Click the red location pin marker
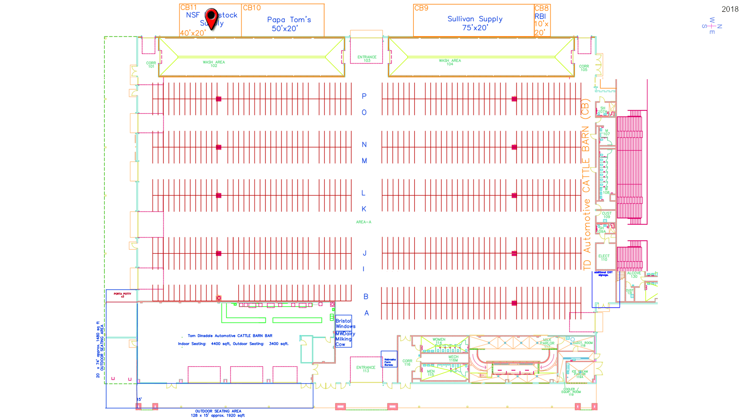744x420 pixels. tap(211, 18)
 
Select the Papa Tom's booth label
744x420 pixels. tap(289, 24)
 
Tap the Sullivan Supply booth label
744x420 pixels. tap(475, 23)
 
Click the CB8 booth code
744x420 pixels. tap(541, 8)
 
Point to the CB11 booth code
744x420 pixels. tap(188, 8)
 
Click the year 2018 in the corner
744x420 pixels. tap(730, 9)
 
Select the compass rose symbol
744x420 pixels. tap(712, 26)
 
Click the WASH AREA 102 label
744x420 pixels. tap(214, 64)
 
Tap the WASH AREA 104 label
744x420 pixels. tap(449, 62)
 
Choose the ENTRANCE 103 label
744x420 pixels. tap(367, 59)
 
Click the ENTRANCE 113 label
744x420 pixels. tap(365, 369)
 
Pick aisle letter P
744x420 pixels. tap(364, 96)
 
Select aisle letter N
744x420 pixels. tap(364, 145)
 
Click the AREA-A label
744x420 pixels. tap(363, 222)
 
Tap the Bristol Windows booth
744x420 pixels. tap(345, 323)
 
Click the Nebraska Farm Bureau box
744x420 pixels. tap(389, 363)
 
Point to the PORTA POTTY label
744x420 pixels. tap(122, 295)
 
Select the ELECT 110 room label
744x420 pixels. tap(604, 258)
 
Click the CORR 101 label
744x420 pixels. tap(151, 64)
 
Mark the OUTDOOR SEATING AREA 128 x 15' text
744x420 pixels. tap(218, 413)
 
